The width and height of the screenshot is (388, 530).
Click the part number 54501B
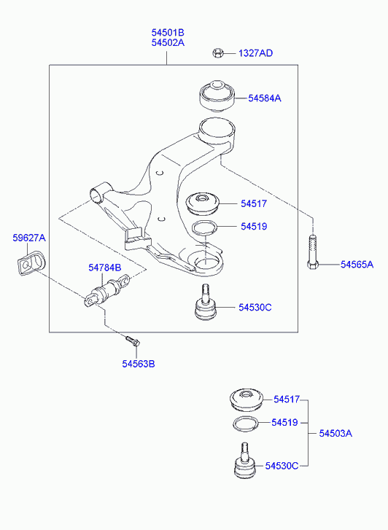point(168,33)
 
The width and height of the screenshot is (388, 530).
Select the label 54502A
point(168,43)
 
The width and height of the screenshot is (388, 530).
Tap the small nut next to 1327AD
point(217,53)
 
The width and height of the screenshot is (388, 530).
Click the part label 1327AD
point(256,53)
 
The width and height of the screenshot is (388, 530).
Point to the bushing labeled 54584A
point(216,96)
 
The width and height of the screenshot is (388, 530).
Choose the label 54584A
point(265,98)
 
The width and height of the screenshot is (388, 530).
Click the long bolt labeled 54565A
point(313,252)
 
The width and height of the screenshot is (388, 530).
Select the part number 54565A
point(357,265)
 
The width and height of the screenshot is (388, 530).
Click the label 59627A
point(29,238)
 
